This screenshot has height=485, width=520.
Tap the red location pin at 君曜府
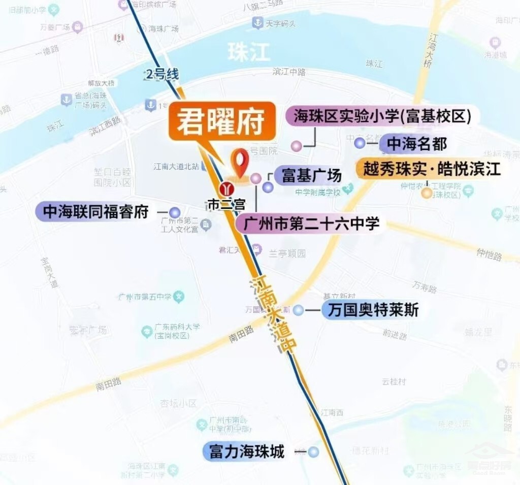(240, 161)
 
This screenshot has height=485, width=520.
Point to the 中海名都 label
(416, 144)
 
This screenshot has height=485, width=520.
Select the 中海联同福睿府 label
(95, 212)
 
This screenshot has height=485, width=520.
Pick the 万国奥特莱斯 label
(373, 310)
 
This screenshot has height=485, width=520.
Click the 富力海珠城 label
(247, 451)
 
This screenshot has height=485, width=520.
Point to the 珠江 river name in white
(249, 53)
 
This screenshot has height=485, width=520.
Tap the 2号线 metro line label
(162, 75)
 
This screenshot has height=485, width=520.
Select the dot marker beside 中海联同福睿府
(175, 213)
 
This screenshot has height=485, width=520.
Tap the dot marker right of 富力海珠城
(314, 451)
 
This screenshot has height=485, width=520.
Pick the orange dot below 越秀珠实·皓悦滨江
(427, 193)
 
